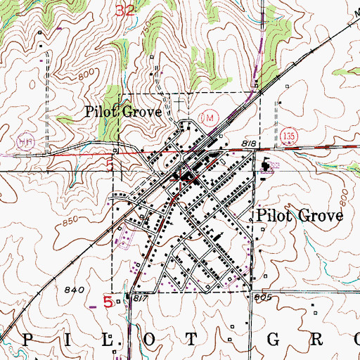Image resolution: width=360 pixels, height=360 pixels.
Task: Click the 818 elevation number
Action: tap(248, 143)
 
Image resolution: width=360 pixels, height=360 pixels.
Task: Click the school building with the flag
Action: tap(266, 167)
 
